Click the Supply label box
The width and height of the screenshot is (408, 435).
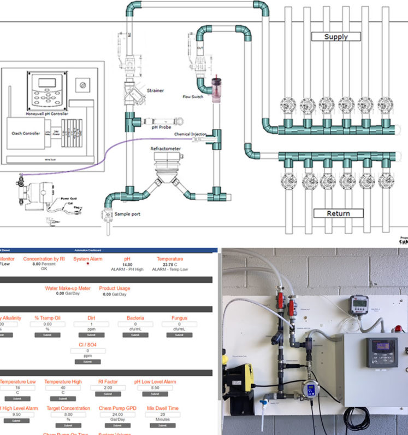[x=336, y=37]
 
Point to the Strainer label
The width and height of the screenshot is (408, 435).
[x=155, y=91]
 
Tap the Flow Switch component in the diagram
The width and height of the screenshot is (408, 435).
[x=217, y=88]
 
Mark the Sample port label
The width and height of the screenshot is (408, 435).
[x=127, y=214]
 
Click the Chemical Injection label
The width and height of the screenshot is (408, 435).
[x=191, y=134]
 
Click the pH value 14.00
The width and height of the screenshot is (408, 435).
[x=126, y=264]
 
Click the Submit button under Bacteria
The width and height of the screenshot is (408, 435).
[x=135, y=335]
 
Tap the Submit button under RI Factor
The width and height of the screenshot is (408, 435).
[x=108, y=394]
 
